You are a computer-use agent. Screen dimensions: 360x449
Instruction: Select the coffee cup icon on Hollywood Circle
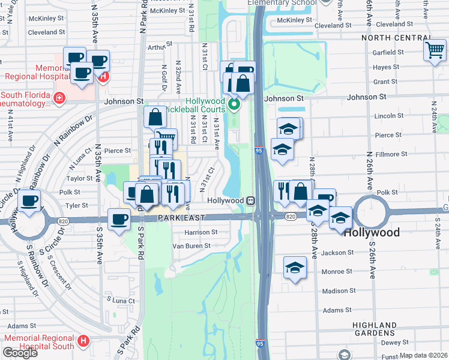(x=29, y=201)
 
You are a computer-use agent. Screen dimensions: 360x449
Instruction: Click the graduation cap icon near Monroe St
(x=295, y=268)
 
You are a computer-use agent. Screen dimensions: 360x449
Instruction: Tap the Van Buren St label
(x=191, y=245)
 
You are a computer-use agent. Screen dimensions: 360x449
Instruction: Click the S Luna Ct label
(x=119, y=299)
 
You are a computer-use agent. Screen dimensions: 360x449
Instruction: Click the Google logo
(x=20, y=352)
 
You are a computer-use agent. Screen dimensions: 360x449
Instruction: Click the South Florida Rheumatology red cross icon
(x=59, y=98)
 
